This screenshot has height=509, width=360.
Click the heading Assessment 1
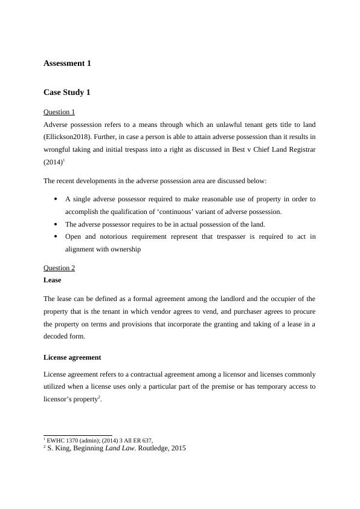[x=67, y=63]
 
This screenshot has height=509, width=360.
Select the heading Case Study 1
[x=67, y=92]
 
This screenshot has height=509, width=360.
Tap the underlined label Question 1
[x=59, y=112]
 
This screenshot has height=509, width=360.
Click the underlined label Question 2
[x=59, y=268]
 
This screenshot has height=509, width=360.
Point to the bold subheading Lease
[x=53, y=280]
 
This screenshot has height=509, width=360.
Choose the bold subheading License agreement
[x=72, y=357]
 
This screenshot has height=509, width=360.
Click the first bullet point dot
[x=56, y=198]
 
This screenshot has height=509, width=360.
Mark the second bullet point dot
[x=56, y=224]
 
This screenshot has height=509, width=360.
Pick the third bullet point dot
[x=56, y=236]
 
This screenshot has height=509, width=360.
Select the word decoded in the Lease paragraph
[x=57, y=337]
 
